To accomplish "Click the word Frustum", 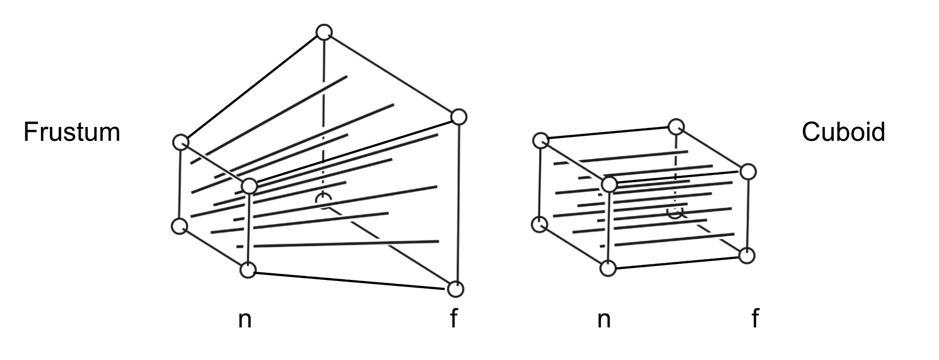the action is [72, 133].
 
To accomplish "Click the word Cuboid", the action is [843, 133].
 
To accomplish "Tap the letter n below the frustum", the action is [245, 319].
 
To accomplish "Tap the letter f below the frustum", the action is [453, 319].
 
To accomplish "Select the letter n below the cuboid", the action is [604, 319].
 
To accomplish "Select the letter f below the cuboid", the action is [755, 319].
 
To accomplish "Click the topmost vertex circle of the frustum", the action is [324, 32].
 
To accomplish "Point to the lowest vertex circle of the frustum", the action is [456, 289].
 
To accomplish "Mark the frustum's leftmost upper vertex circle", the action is [180, 142].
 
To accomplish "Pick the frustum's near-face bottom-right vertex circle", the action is [248, 270].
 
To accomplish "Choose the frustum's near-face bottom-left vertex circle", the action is [179, 226].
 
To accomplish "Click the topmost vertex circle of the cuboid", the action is [676, 127].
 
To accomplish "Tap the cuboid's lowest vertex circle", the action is [608, 268].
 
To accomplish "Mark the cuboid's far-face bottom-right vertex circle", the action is [747, 255].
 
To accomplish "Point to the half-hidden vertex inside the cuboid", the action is [674, 212].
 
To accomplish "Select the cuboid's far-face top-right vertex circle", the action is [748, 171].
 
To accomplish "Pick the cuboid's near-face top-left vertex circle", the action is [541, 140].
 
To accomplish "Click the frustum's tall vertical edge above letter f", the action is [457, 204].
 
